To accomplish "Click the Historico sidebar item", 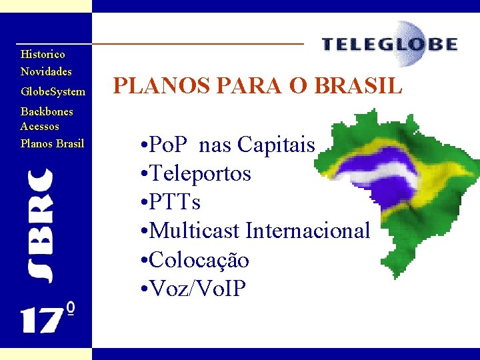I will tap(43, 54).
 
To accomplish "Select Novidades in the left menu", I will tap(46, 71).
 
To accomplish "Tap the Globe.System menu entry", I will tap(53, 91).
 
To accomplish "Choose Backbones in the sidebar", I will tap(47, 111).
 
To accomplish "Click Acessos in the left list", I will tap(40, 126).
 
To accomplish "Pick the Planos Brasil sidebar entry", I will tap(52, 143).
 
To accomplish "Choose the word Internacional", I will tap(307, 231).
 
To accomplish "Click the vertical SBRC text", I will tap(39, 225).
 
